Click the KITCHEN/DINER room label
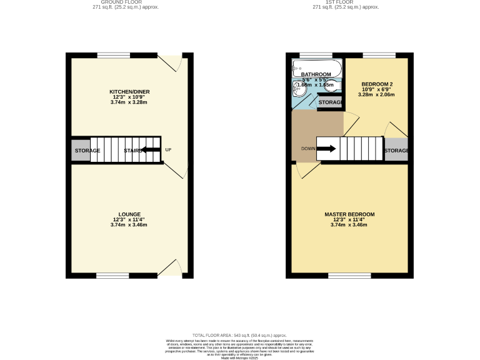pos(129,92)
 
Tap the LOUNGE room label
pos(129,214)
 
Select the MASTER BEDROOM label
pos(349,214)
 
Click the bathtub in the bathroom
pos(317,66)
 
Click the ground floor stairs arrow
pos(151,150)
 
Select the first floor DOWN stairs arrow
pos(327,149)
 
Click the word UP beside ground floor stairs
pos(168,150)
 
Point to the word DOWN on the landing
pos(308,149)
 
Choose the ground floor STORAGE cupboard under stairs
pos(87,151)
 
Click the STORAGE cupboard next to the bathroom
pos(330,102)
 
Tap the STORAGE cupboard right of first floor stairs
pos(396,151)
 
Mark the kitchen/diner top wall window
pos(113,55)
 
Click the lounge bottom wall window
pos(112,276)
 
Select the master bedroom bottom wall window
pos(344,276)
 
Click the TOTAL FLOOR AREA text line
pos(239,336)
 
